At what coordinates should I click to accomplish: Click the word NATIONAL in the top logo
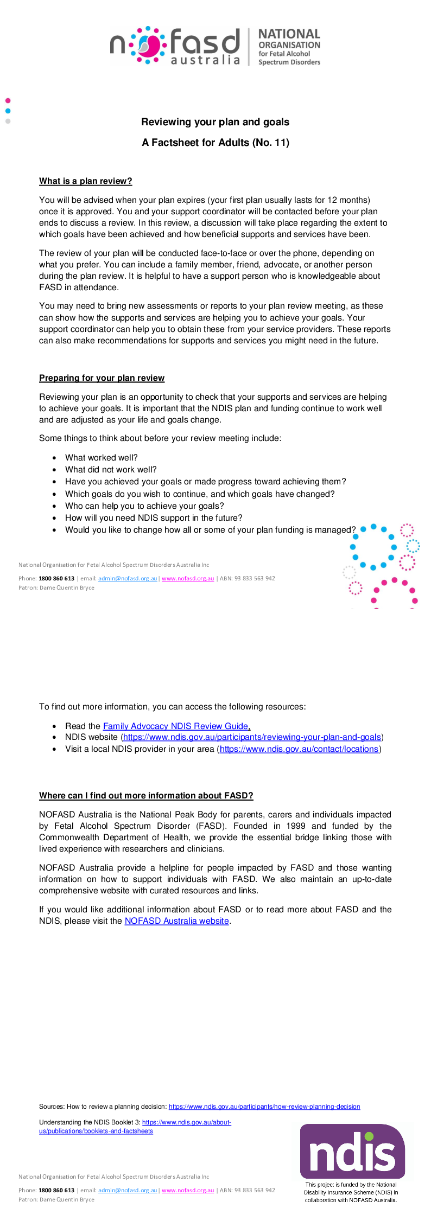[289, 34]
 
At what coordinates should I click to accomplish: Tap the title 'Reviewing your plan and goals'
[215, 122]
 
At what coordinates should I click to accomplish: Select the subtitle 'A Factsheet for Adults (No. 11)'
[215, 143]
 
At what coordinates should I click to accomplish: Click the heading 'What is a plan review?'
[85, 181]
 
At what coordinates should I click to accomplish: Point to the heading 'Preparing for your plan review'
[102, 378]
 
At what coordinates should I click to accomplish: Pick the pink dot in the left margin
[8, 100]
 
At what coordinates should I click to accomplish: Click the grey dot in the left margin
[8, 121]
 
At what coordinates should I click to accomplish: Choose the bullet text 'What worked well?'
[101, 458]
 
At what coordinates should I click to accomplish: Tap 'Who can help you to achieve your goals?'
[144, 506]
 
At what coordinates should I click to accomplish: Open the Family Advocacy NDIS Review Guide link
[175, 726]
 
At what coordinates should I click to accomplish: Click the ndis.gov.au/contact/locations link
[299, 749]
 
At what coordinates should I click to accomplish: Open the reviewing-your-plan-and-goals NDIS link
[252, 737]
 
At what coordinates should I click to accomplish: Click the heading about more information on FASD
[146, 796]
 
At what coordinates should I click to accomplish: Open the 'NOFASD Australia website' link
[176, 921]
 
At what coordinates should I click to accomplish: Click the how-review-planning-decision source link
[264, 1107]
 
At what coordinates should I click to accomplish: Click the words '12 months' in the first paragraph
[348, 200]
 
